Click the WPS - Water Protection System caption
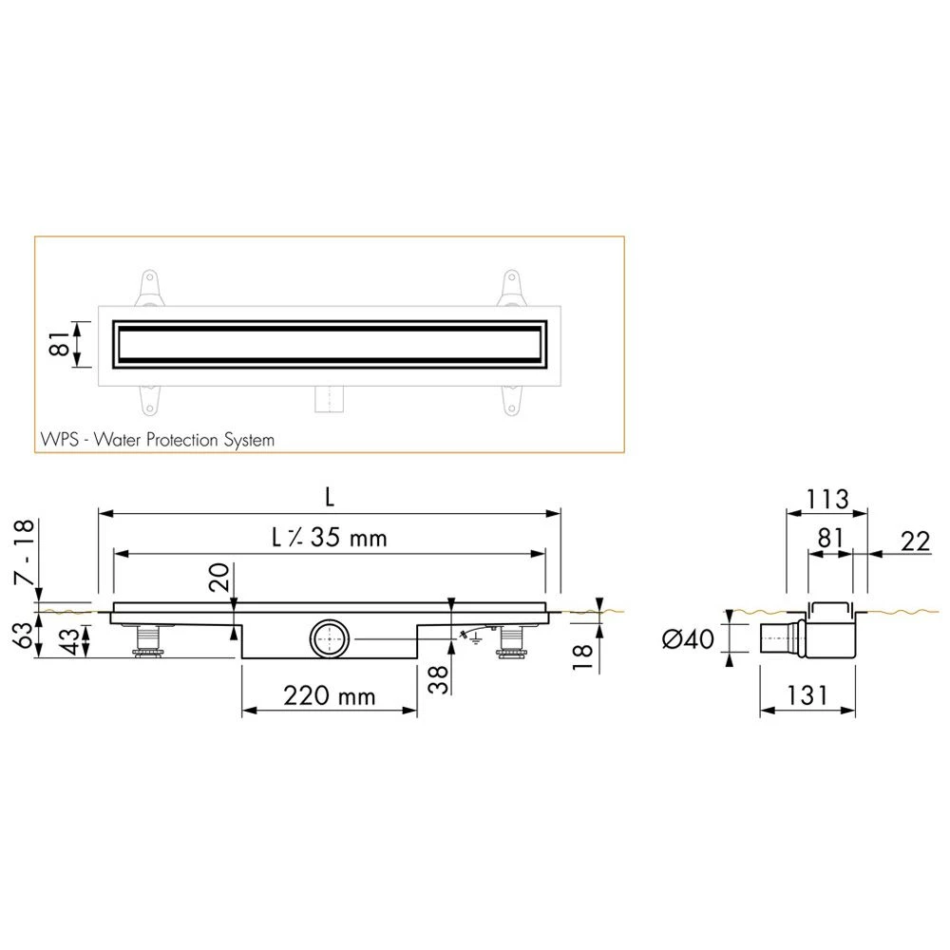158,440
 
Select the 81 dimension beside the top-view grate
59,345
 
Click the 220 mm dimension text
331,696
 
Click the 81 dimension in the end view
830,540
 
